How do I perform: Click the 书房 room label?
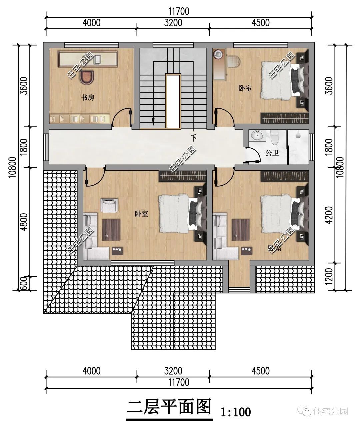point(88,98)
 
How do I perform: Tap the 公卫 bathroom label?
point(272,153)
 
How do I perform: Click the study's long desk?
point(88,59)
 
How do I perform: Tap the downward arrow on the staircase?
point(153,121)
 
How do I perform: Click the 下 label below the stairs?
point(194,138)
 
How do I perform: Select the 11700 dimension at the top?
point(179,11)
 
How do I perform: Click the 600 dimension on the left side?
point(24,284)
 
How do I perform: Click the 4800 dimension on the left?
point(24,222)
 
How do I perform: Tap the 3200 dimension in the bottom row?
point(173,371)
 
